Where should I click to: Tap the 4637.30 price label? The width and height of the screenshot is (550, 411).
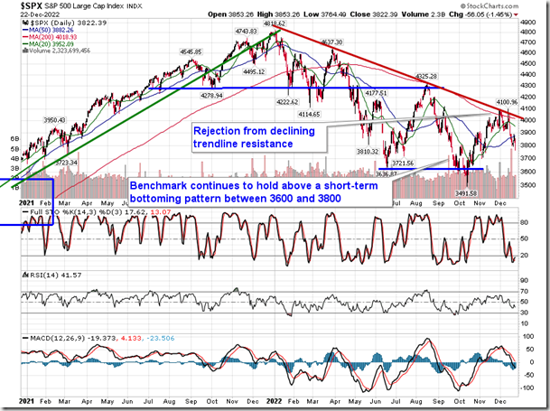(331, 42)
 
